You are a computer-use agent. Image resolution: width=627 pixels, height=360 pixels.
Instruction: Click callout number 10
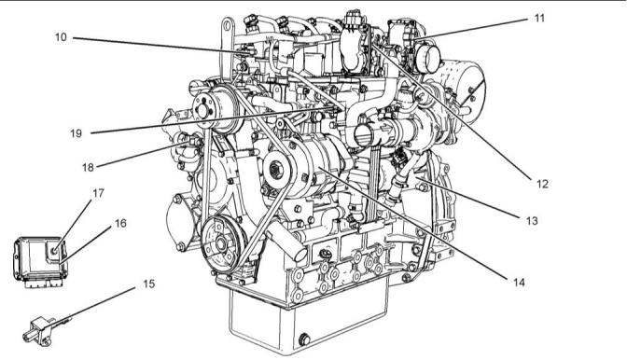61,37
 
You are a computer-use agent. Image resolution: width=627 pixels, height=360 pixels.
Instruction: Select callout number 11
539,19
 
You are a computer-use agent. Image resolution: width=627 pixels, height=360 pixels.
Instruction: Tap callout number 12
542,184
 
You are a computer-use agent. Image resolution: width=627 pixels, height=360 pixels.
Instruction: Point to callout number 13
532,220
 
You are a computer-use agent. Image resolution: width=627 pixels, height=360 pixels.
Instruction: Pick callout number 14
519,283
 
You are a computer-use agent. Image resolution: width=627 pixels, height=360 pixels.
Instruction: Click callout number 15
148,284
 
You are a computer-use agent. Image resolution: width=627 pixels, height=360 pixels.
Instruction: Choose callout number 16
120,223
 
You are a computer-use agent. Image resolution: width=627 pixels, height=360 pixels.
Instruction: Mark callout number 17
98,193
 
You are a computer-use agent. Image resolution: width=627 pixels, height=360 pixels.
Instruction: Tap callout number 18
88,168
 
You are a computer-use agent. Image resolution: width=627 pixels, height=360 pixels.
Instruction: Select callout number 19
76,133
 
